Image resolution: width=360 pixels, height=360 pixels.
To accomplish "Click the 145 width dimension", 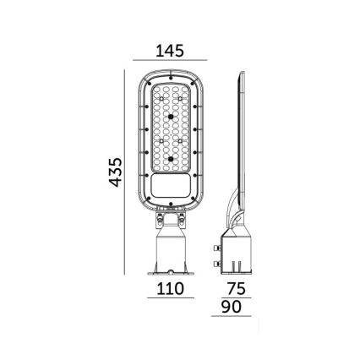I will click(171, 51).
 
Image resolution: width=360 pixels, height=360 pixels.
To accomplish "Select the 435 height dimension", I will click(117, 172).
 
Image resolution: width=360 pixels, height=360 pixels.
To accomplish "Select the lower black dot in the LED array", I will click(171, 157).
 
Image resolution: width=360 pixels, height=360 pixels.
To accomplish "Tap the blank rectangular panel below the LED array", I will click(171, 185).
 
